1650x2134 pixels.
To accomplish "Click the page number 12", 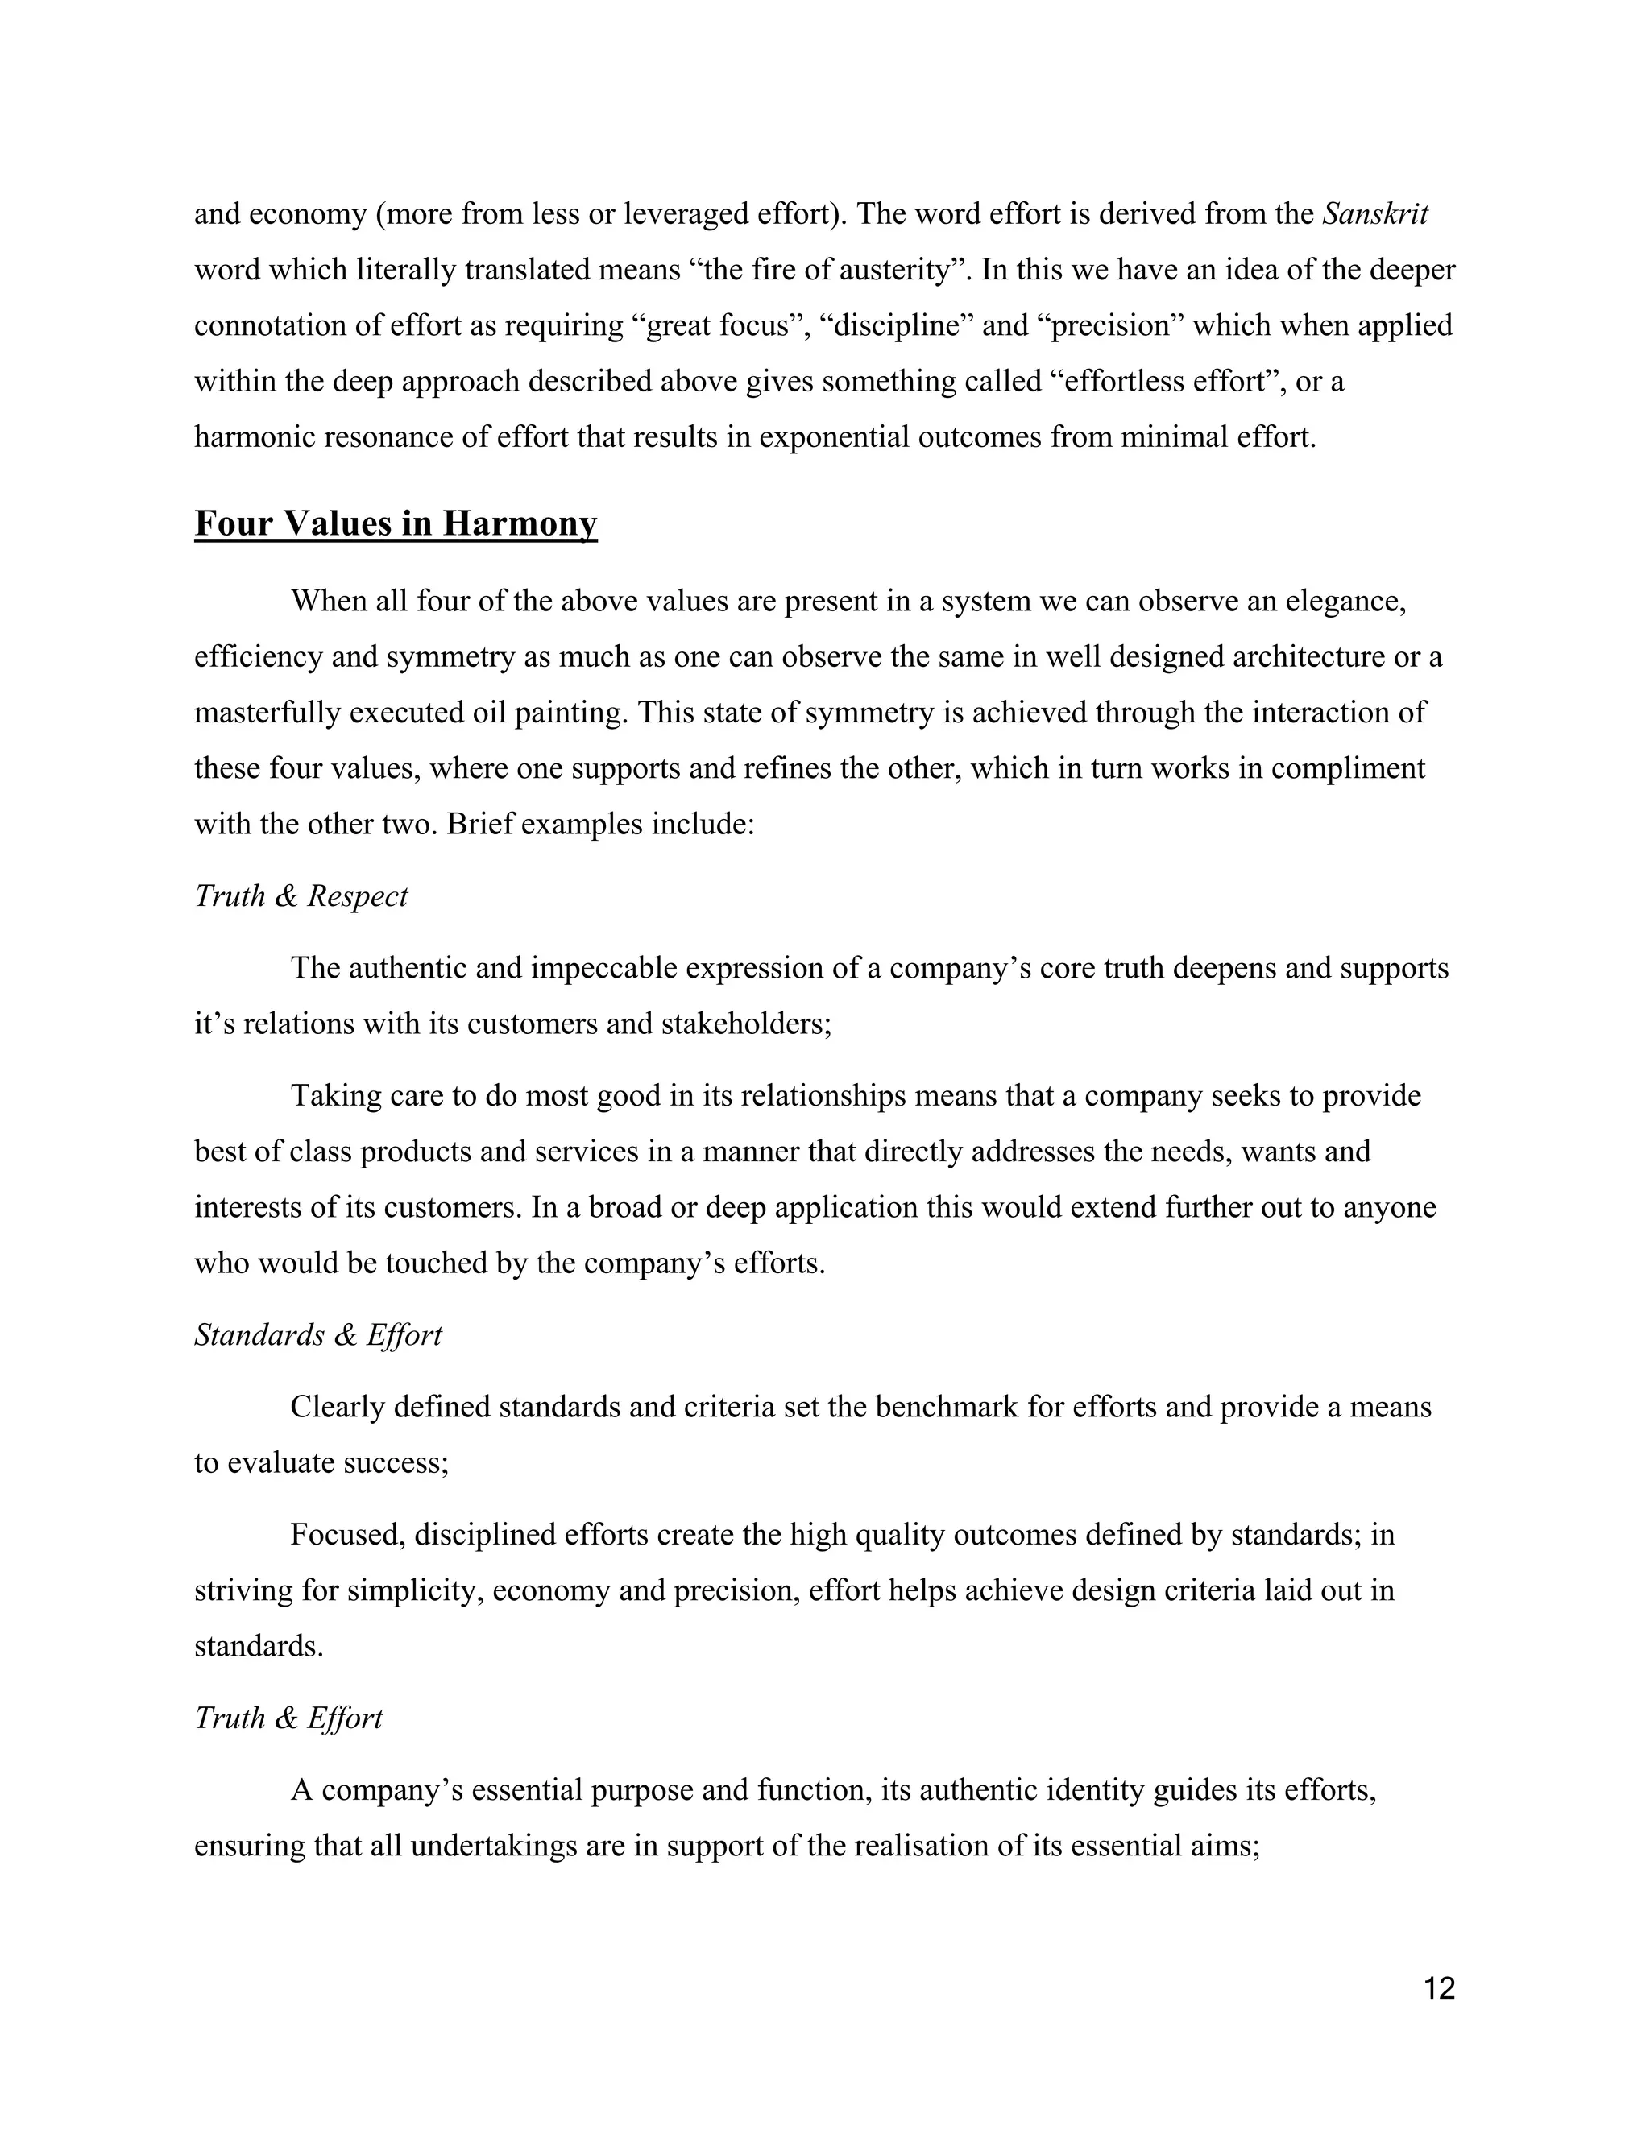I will pyautogui.click(x=1439, y=1988).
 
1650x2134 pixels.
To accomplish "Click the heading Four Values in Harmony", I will pyautogui.click(x=395, y=523).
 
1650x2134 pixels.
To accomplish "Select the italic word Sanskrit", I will pyautogui.click(x=1374, y=213).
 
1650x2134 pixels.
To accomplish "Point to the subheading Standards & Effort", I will pyautogui.click(x=317, y=1334).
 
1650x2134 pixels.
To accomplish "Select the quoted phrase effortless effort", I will pyautogui.click(x=1170, y=381).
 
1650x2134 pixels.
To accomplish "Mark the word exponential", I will pyautogui.click(x=834, y=436).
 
